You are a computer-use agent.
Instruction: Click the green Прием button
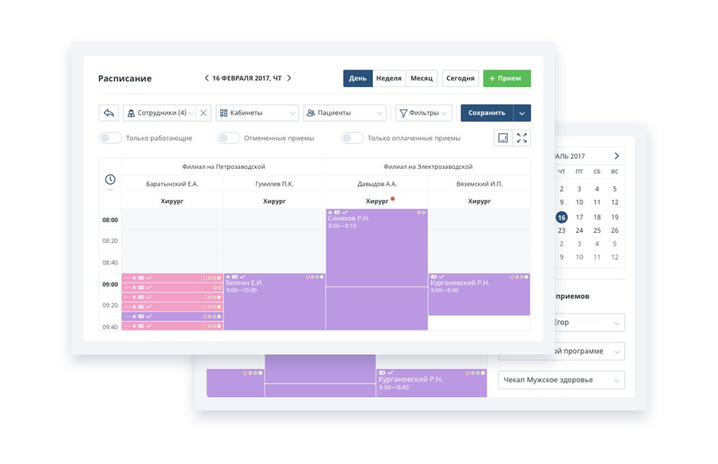point(506,78)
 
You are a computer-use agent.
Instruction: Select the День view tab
point(358,78)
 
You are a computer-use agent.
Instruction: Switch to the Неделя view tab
point(389,78)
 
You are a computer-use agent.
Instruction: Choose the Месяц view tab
point(421,78)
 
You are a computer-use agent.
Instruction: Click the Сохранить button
point(487,113)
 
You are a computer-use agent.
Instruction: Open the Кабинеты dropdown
point(257,113)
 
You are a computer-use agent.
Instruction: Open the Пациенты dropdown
point(344,113)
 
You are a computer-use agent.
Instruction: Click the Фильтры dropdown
point(424,113)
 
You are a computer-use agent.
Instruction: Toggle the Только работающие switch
point(110,138)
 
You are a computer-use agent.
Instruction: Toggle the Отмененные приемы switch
point(228,138)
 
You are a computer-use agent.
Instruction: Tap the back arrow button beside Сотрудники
point(109,113)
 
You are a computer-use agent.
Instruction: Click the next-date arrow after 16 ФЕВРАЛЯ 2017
point(289,78)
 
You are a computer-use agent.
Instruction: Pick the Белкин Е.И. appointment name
point(244,283)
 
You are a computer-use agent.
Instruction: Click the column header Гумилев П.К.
point(275,184)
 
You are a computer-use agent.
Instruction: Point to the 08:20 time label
point(110,241)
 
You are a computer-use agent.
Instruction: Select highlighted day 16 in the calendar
point(561,217)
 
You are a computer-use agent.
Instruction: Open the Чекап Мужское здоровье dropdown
point(561,380)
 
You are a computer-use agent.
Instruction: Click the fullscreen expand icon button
point(521,138)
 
